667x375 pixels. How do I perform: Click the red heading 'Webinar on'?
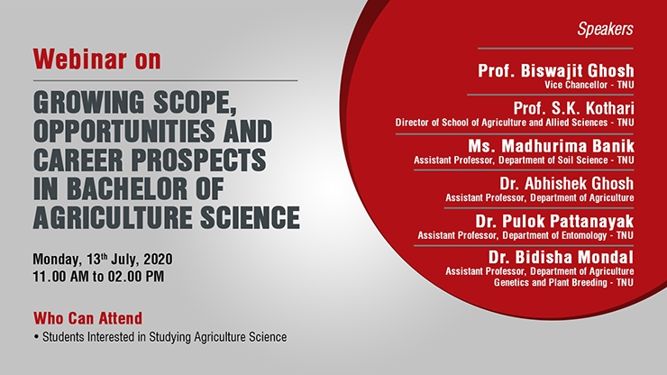coord(97,59)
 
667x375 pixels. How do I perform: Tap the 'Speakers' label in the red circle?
coord(605,29)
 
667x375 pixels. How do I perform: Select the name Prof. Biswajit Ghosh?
coord(555,70)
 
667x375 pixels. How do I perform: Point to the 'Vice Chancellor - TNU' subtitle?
coord(589,85)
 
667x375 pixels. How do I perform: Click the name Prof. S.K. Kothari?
coord(573,108)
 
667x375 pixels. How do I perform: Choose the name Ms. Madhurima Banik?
coord(551,146)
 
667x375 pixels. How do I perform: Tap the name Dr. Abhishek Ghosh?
coord(567,184)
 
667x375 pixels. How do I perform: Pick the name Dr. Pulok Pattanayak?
coord(554,221)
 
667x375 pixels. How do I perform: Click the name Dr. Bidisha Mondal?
coord(561,257)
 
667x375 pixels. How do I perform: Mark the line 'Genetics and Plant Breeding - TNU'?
coord(563,282)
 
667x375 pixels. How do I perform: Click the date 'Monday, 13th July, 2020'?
coord(103,259)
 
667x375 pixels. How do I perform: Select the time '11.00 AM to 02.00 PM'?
coord(98,276)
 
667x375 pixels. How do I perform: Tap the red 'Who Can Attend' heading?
coord(88,318)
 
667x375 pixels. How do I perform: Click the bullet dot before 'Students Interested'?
coord(37,337)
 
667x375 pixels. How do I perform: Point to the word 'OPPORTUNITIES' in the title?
coord(124,131)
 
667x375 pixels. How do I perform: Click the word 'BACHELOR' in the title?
coord(127,188)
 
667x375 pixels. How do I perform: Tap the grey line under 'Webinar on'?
coord(166,80)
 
